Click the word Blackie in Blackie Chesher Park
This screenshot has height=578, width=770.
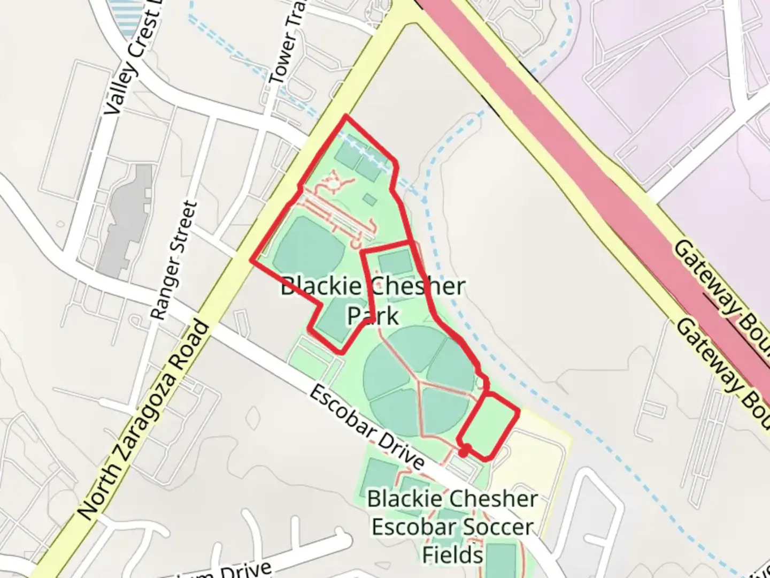tap(321, 286)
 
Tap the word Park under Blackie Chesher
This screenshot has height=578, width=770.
tap(373, 316)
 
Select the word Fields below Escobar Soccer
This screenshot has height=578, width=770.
tap(452, 554)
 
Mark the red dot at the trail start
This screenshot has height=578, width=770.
tap(464, 450)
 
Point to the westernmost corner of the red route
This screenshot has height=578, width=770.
tap(252, 261)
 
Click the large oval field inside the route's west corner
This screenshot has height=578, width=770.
tap(310, 248)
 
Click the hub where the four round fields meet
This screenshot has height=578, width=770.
tap(419, 382)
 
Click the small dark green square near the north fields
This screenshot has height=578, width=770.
tap(369, 200)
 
